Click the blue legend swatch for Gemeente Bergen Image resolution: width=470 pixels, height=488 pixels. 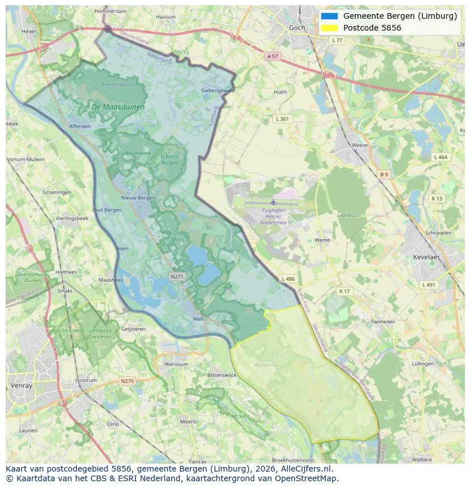click(329, 16)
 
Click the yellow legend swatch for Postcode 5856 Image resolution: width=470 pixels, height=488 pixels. click(329, 28)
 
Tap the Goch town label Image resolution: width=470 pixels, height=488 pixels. click(297, 27)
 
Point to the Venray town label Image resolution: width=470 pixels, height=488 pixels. click(22, 385)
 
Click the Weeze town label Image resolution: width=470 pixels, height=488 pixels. click(360, 145)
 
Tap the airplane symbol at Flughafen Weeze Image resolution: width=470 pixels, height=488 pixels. click(274, 202)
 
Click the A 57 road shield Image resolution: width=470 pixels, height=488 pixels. click(273, 56)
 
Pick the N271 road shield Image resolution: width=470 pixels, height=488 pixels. click(177, 276)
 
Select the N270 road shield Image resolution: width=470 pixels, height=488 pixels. click(127, 381)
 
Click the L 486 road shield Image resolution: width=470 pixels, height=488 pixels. click(288, 279)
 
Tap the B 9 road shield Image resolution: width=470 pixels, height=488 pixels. click(384, 175)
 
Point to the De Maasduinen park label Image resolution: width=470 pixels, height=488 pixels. click(118, 107)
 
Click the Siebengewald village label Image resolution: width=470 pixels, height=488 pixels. click(218, 90)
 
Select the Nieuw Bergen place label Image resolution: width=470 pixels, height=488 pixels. click(138, 198)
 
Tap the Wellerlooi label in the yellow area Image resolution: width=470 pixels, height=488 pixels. click(266, 365)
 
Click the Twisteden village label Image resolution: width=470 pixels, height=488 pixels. click(383, 321)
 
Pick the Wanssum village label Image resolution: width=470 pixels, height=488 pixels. click(175, 364)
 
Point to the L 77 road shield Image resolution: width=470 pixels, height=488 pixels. click(338, 40)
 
